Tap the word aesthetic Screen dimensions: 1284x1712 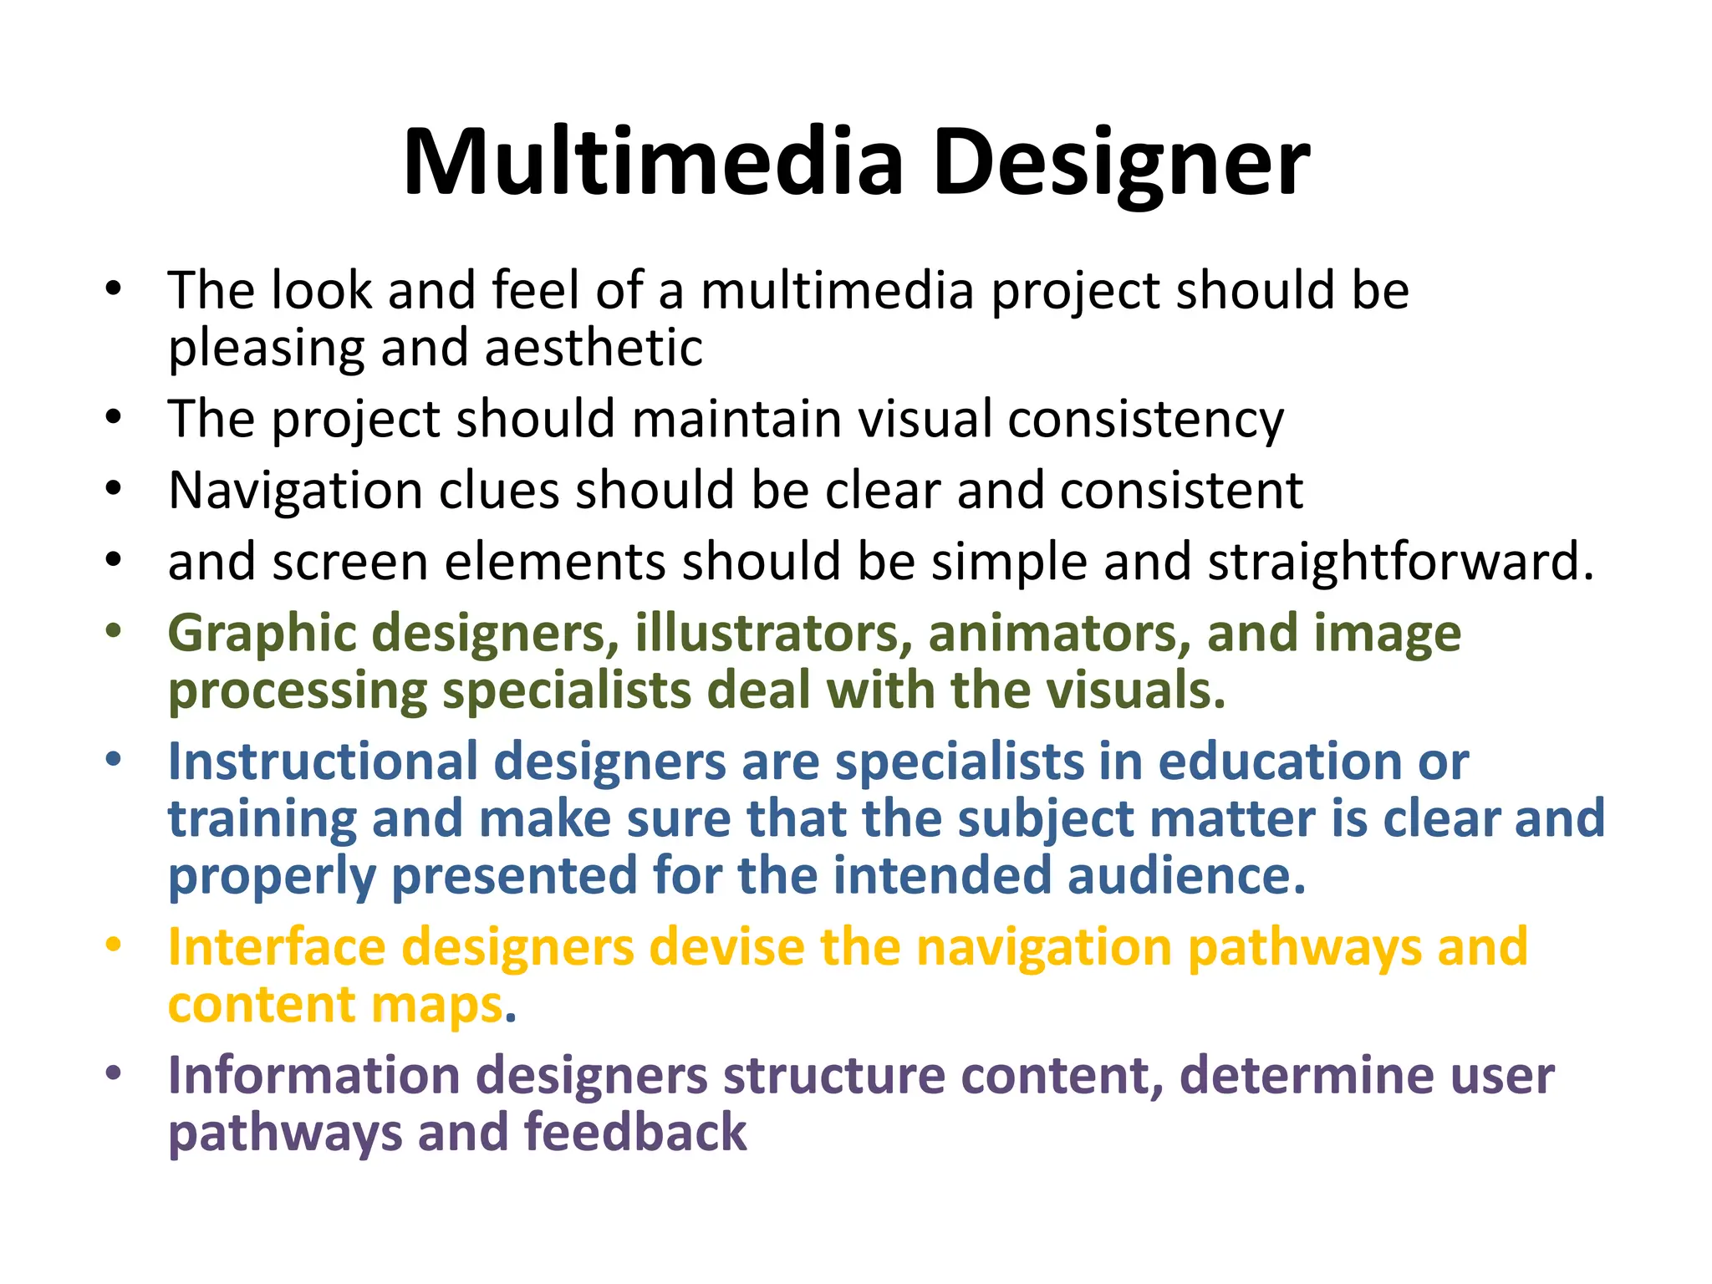coord(594,348)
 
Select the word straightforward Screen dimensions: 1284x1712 coord(1401,561)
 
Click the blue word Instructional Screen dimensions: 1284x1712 coord(322,762)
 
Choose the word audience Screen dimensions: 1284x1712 coord(1186,875)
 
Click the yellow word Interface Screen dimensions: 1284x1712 coord(277,947)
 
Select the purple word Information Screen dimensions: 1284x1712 coord(314,1075)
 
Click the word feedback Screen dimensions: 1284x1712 coord(635,1133)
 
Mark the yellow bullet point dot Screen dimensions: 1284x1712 coord(114,945)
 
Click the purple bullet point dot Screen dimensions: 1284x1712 coord(114,1073)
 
